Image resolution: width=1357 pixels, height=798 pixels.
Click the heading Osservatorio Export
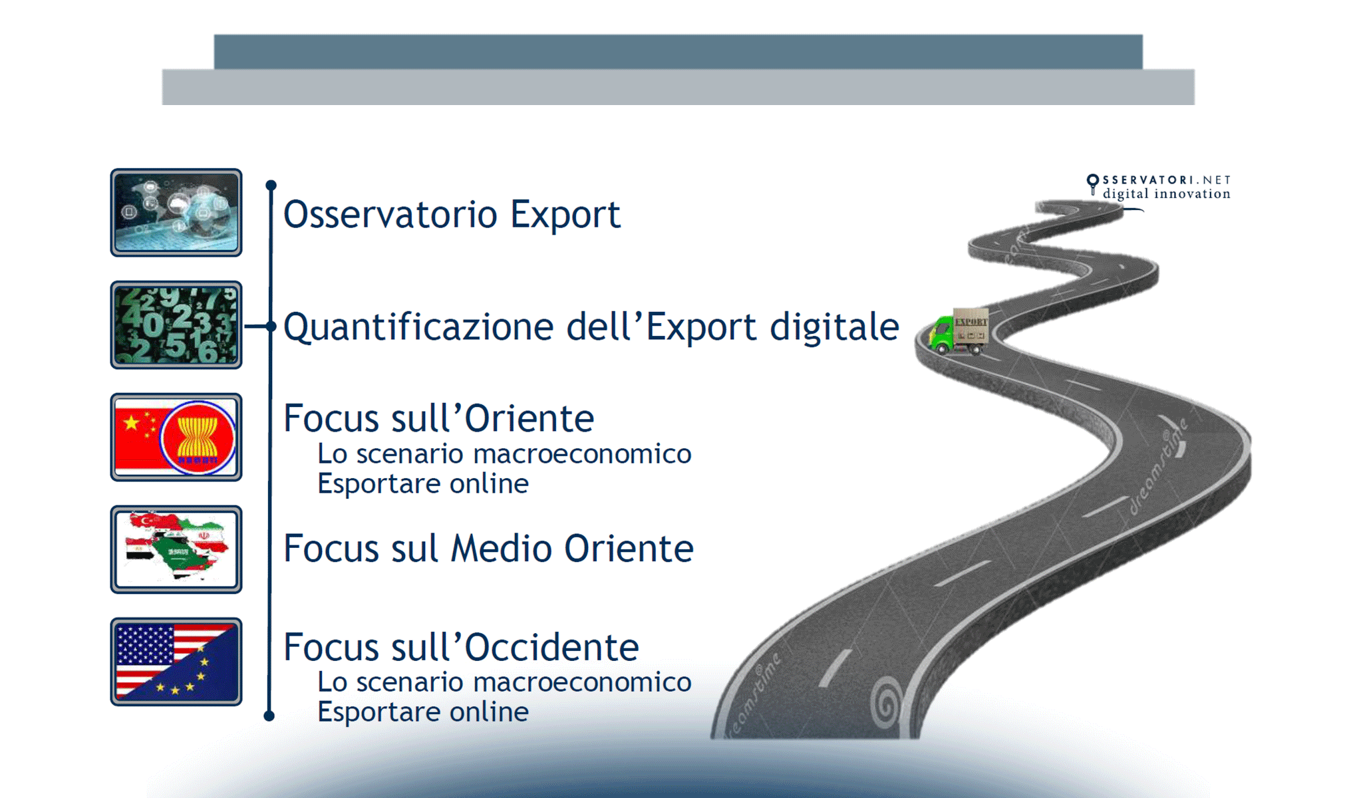(x=452, y=214)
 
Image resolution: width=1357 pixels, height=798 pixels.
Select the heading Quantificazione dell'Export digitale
(x=591, y=327)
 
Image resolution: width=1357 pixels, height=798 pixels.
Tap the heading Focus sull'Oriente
(x=438, y=418)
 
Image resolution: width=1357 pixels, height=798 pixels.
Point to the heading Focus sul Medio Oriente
(x=488, y=549)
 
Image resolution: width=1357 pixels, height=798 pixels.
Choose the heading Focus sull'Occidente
(x=461, y=647)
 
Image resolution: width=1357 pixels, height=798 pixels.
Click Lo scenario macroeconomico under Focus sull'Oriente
(x=504, y=454)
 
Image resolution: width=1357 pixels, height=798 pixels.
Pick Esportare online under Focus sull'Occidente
(x=423, y=712)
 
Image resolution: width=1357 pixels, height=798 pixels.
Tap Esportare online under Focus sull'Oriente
(x=423, y=483)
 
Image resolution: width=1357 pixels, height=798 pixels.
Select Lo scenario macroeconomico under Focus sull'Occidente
(x=504, y=682)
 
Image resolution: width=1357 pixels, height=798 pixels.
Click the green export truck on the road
(x=958, y=331)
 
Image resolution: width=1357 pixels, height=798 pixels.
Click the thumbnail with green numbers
(x=176, y=325)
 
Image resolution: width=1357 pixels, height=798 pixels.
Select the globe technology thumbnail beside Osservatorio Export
(x=176, y=213)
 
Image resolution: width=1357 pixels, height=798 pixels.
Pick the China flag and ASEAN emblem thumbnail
(x=176, y=437)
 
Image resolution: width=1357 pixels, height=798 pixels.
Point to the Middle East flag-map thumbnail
(x=176, y=549)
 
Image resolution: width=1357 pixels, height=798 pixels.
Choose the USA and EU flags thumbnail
(x=176, y=662)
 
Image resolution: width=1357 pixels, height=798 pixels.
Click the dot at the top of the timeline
(x=271, y=185)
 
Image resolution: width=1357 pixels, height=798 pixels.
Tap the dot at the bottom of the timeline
(x=269, y=716)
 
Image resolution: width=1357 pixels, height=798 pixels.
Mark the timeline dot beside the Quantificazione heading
(x=270, y=326)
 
